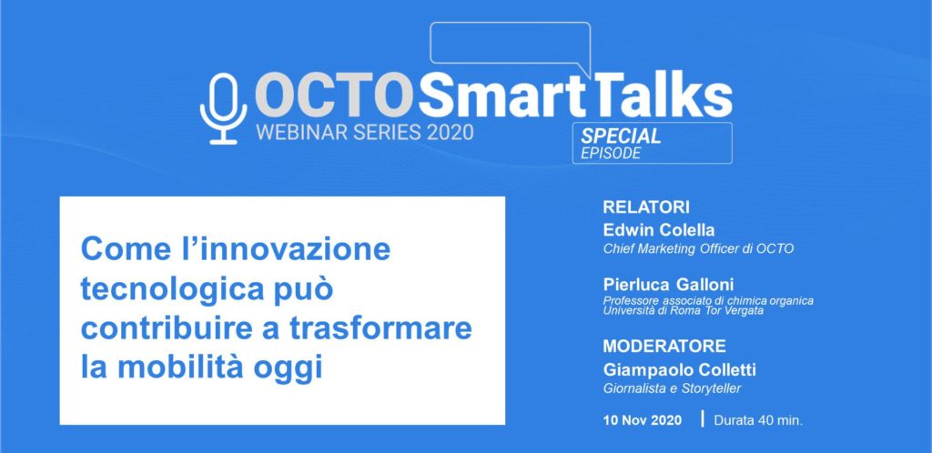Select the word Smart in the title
502,95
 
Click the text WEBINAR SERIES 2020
365,132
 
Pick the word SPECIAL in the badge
621,136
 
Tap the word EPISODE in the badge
611,153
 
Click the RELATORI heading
646,207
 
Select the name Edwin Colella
659,230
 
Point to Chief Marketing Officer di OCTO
698,248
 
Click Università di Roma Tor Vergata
683,310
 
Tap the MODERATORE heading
664,346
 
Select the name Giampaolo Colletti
679,370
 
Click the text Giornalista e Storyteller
673,389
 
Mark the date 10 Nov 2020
643,420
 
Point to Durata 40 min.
758,420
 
